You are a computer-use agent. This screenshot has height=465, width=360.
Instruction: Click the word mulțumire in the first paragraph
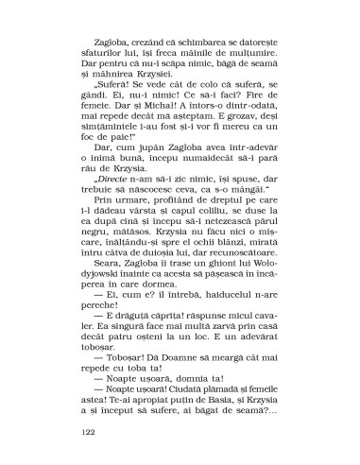coord(247,69)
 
